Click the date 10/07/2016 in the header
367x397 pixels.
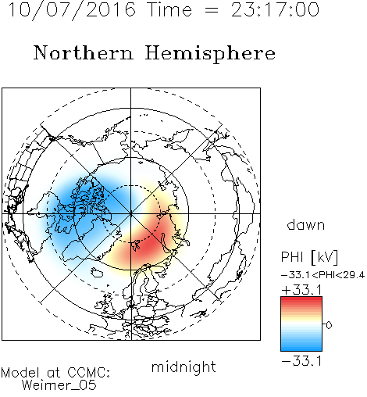coord(72,10)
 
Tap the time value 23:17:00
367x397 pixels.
coord(275,9)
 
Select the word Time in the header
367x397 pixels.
coord(169,9)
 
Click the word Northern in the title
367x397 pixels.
coord(84,52)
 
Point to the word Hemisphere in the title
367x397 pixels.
coord(210,54)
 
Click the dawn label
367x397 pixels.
coord(306,224)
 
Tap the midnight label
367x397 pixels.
coord(183,367)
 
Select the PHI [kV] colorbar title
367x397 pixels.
coord(309,257)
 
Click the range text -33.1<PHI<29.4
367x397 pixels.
coord(322,275)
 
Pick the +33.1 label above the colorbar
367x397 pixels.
coord(302,290)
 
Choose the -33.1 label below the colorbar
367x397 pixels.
coord(301,361)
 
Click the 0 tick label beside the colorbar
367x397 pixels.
coord(329,325)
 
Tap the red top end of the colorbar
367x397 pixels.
coord(301,299)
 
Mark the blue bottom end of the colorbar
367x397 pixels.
coord(301,349)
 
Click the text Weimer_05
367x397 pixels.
coord(59,385)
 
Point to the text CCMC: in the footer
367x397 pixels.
coord(89,373)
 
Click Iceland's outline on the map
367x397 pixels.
coord(97,272)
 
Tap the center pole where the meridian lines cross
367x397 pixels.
coord(131,213)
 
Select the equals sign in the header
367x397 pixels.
coord(212,11)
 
